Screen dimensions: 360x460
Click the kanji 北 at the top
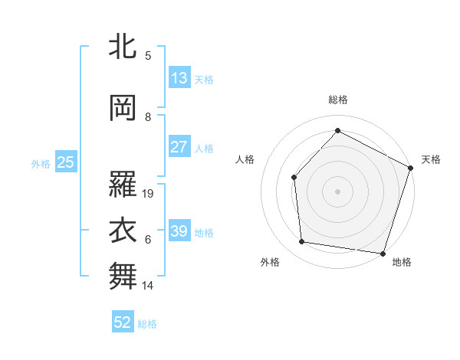[123, 47]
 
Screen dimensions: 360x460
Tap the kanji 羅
[123, 185]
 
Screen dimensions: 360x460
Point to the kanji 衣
[123, 231]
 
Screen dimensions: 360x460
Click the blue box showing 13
[179, 78]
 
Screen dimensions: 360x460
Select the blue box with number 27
[179, 147]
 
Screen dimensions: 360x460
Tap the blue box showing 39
[179, 231]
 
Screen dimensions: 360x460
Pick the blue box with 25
[65, 162]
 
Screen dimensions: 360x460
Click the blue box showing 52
[123, 323]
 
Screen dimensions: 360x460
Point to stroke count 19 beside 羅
[149, 194]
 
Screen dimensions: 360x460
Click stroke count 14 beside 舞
[149, 286]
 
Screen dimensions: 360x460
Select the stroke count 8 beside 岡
[148, 116]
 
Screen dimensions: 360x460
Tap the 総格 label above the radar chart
[338, 100]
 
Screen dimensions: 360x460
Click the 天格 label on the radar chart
[431, 159]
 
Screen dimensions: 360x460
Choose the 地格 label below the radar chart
[402, 262]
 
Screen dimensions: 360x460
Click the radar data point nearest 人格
[294, 178]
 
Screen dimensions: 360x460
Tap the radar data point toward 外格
[302, 242]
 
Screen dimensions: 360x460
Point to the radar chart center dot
[338, 191]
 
